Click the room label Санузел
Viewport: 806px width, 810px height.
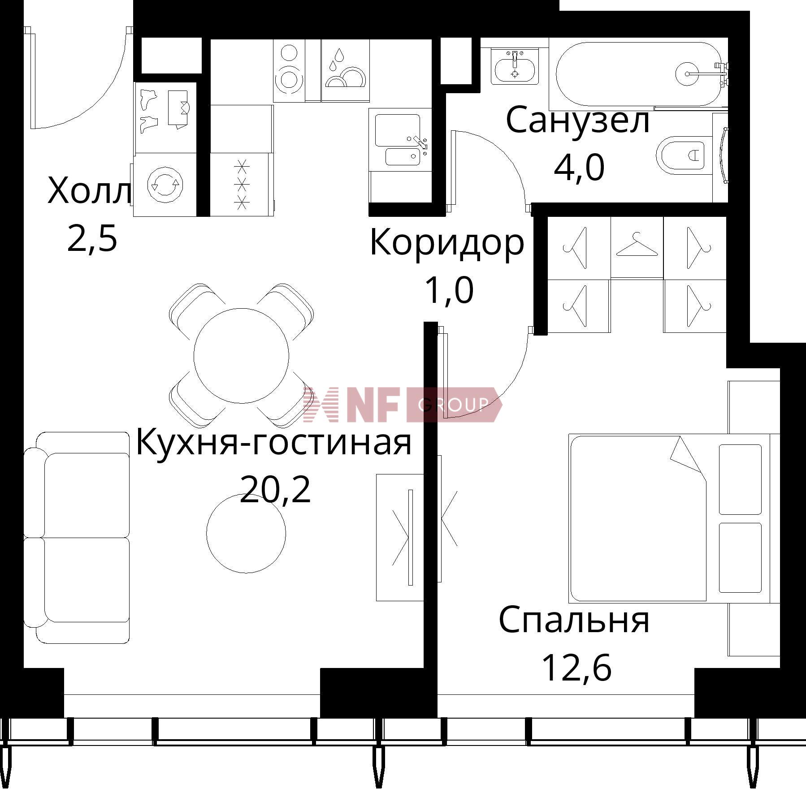(x=578, y=120)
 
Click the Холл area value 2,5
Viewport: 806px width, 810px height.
(x=92, y=238)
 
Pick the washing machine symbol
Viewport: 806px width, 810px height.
(x=165, y=185)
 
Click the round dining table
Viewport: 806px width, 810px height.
(x=241, y=355)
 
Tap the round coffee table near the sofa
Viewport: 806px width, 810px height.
(x=246, y=533)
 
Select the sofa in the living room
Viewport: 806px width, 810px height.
(x=77, y=538)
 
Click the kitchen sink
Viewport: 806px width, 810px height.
(x=400, y=139)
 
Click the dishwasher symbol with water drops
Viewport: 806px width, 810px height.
(x=345, y=70)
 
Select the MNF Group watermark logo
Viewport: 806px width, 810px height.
(x=402, y=405)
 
